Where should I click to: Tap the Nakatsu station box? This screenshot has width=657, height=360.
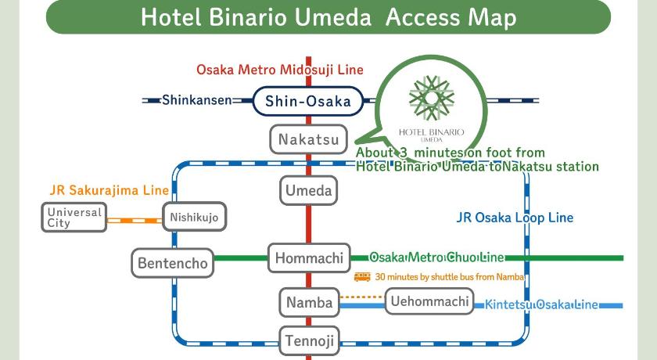pyautogui.click(x=308, y=140)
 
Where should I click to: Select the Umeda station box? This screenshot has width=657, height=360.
pyautogui.click(x=308, y=190)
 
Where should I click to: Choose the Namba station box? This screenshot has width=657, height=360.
pyautogui.click(x=308, y=302)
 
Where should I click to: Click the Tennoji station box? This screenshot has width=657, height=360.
pyautogui.click(x=309, y=340)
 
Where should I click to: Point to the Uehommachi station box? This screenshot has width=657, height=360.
pyautogui.click(x=429, y=301)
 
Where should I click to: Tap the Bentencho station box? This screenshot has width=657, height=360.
pyautogui.click(x=173, y=263)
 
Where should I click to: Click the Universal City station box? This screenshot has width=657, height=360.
pyautogui.click(x=74, y=218)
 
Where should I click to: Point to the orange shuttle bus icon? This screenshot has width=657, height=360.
pyautogui.click(x=362, y=276)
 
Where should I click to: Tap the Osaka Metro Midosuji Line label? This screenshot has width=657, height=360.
pyautogui.click(x=280, y=70)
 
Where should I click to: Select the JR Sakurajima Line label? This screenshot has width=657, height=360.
pyautogui.click(x=109, y=190)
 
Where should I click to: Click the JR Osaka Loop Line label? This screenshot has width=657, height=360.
pyautogui.click(x=514, y=218)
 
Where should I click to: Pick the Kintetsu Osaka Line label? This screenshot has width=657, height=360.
pyautogui.click(x=541, y=304)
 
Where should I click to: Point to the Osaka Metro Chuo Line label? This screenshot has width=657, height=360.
pyautogui.click(x=436, y=257)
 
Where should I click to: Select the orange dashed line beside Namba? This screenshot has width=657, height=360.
pyautogui.click(x=362, y=297)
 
